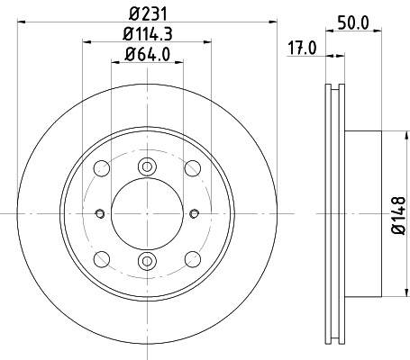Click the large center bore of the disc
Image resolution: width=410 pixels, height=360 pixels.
(x=145, y=213)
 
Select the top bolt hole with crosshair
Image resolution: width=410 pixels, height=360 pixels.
(x=145, y=166)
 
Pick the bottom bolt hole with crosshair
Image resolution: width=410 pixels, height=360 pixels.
(x=145, y=261)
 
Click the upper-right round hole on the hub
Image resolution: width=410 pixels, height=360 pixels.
(x=191, y=168)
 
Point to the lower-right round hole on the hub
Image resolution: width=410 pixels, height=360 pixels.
(x=191, y=259)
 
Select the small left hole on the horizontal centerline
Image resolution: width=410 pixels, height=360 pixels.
(x=97, y=213)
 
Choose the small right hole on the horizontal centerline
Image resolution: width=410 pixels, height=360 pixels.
(x=194, y=213)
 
